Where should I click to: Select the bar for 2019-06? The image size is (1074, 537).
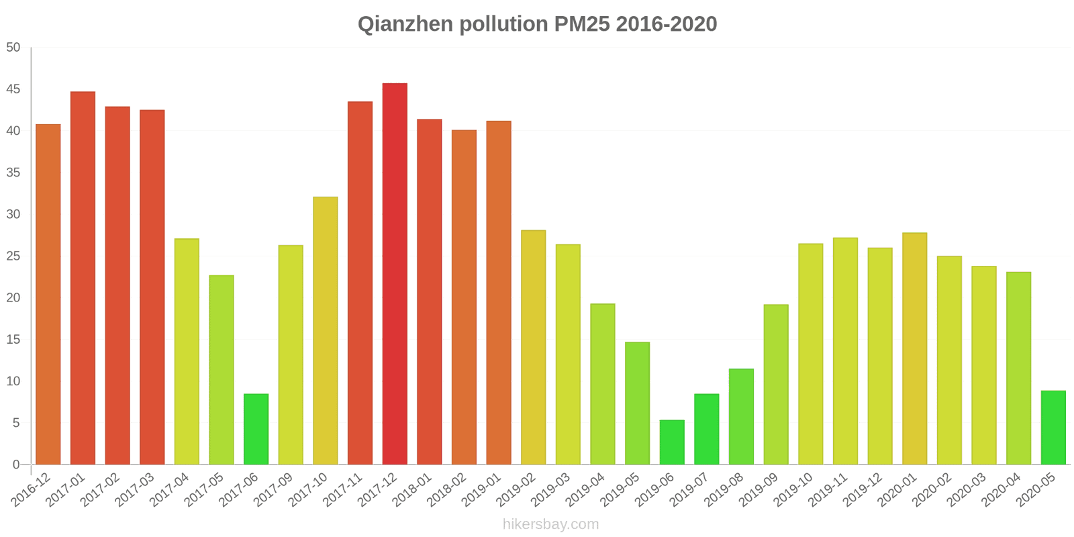pos(672,442)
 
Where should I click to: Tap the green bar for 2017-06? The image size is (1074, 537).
pos(256,429)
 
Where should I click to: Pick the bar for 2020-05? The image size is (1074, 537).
pos(1053,428)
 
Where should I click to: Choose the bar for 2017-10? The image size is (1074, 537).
pos(326,330)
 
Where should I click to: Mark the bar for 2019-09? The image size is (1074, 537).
pos(776,385)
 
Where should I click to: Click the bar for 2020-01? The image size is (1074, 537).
pos(914,348)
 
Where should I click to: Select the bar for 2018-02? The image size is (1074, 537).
pos(464,297)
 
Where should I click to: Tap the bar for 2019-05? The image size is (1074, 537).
pos(637,403)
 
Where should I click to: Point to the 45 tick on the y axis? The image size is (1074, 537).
pos(13,89)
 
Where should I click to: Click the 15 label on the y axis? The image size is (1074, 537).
pos(13,340)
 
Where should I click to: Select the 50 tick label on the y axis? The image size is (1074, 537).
pos(13,48)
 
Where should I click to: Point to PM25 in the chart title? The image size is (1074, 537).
pos(582,24)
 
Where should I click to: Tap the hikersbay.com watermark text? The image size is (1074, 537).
pos(550,524)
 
